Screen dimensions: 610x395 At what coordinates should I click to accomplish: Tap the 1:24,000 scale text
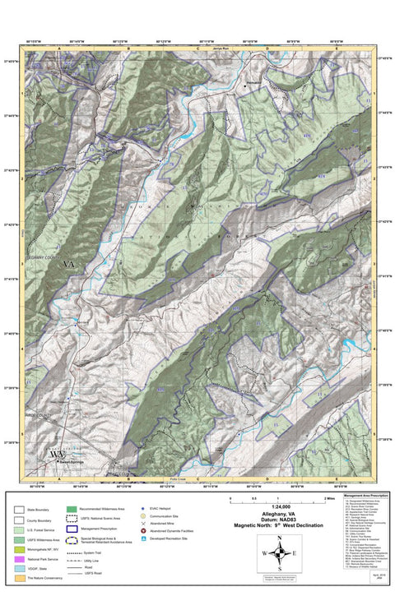279,506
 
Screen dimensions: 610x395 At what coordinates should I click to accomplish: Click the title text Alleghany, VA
279,513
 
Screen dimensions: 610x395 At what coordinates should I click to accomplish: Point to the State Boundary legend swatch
20,511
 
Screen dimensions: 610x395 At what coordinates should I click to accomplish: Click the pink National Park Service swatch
20,559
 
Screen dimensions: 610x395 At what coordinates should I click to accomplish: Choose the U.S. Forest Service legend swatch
20,530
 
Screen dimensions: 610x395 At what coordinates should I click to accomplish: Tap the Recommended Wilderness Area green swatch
71,511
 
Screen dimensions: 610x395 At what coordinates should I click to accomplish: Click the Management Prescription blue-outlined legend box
71,530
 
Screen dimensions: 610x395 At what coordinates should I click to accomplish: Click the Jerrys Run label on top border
218,49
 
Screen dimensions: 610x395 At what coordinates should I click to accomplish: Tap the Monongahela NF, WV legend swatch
20,549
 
